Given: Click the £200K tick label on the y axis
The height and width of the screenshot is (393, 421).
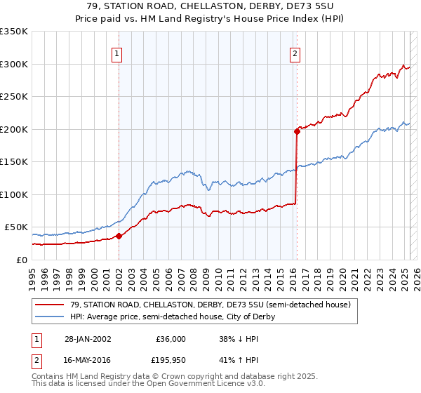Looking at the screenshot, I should coord(13,129).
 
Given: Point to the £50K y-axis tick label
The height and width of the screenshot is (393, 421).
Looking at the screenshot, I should coord(16,227).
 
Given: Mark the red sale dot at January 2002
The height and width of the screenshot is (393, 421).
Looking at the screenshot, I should coord(119,236).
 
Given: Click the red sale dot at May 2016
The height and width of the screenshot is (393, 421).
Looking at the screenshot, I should coord(296,131).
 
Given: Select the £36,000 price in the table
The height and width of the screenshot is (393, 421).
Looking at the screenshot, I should coord(170,339).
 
